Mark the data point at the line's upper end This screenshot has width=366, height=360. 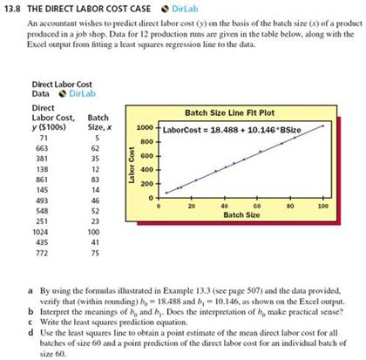[324, 126]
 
